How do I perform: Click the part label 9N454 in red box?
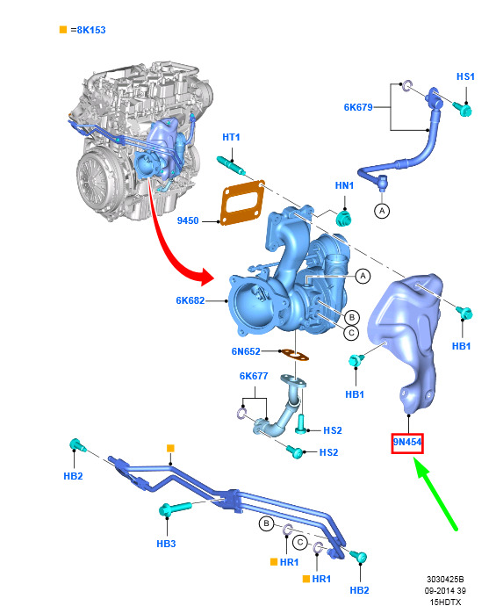[x=407, y=442]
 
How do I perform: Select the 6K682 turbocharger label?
[x=190, y=300]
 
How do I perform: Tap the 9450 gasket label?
[x=188, y=220]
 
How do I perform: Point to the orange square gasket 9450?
[x=242, y=202]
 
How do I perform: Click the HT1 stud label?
[x=231, y=137]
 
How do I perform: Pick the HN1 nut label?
[x=344, y=185]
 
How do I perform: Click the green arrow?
[x=435, y=494]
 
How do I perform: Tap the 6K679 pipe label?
[x=358, y=107]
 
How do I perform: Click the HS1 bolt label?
[x=465, y=76]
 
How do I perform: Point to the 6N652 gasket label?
[x=246, y=351]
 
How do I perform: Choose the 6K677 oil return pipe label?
[x=254, y=376]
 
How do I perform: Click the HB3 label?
[x=166, y=544]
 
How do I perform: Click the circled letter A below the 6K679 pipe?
[x=382, y=211]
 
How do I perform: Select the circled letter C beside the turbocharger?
[x=351, y=333]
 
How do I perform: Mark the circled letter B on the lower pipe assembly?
[x=266, y=523]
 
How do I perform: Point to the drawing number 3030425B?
[x=445, y=580]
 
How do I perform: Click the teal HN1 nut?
[x=342, y=219]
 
